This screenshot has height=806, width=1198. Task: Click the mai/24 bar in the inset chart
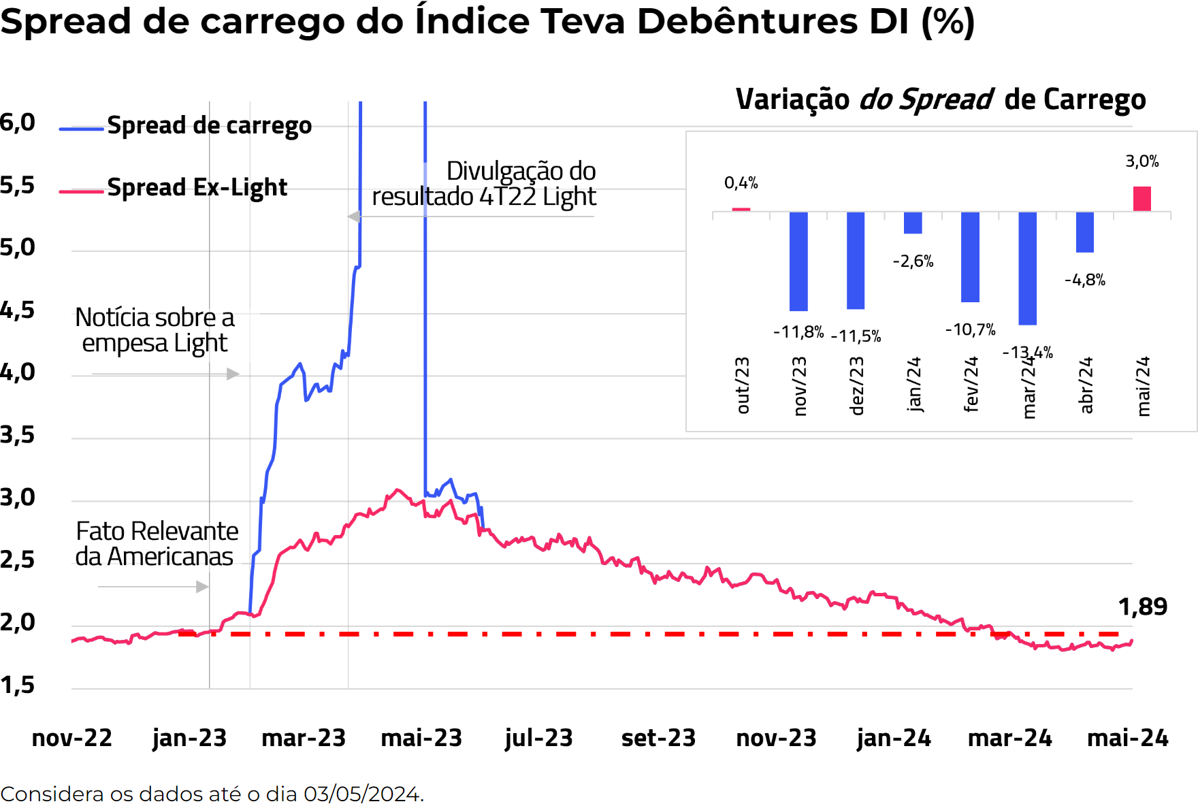(x=1142, y=199)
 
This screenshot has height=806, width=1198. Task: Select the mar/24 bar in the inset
(x=1027, y=268)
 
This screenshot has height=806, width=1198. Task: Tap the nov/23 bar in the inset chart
(x=798, y=261)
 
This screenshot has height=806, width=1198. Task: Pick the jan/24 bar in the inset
(x=913, y=223)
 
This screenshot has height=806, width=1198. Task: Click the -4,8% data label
(x=1084, y=280)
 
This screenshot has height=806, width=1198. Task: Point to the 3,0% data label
(x=1142, y=161)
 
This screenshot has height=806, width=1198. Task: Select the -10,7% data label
(x=970, y=330)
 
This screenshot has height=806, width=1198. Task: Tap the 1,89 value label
(x=1142, y=607)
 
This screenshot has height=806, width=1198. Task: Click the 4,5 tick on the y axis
(x=17, y=310)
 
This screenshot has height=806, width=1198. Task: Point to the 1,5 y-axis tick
(x=17, y=685)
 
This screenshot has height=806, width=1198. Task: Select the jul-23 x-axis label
(x=538, y=738)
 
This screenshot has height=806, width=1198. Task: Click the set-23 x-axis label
(x=658, y=738)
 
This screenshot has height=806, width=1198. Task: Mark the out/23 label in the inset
(x=742, y=385)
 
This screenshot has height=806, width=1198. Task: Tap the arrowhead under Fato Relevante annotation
(x=202, y=587)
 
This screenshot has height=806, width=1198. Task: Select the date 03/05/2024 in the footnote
(x=361, y=794)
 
